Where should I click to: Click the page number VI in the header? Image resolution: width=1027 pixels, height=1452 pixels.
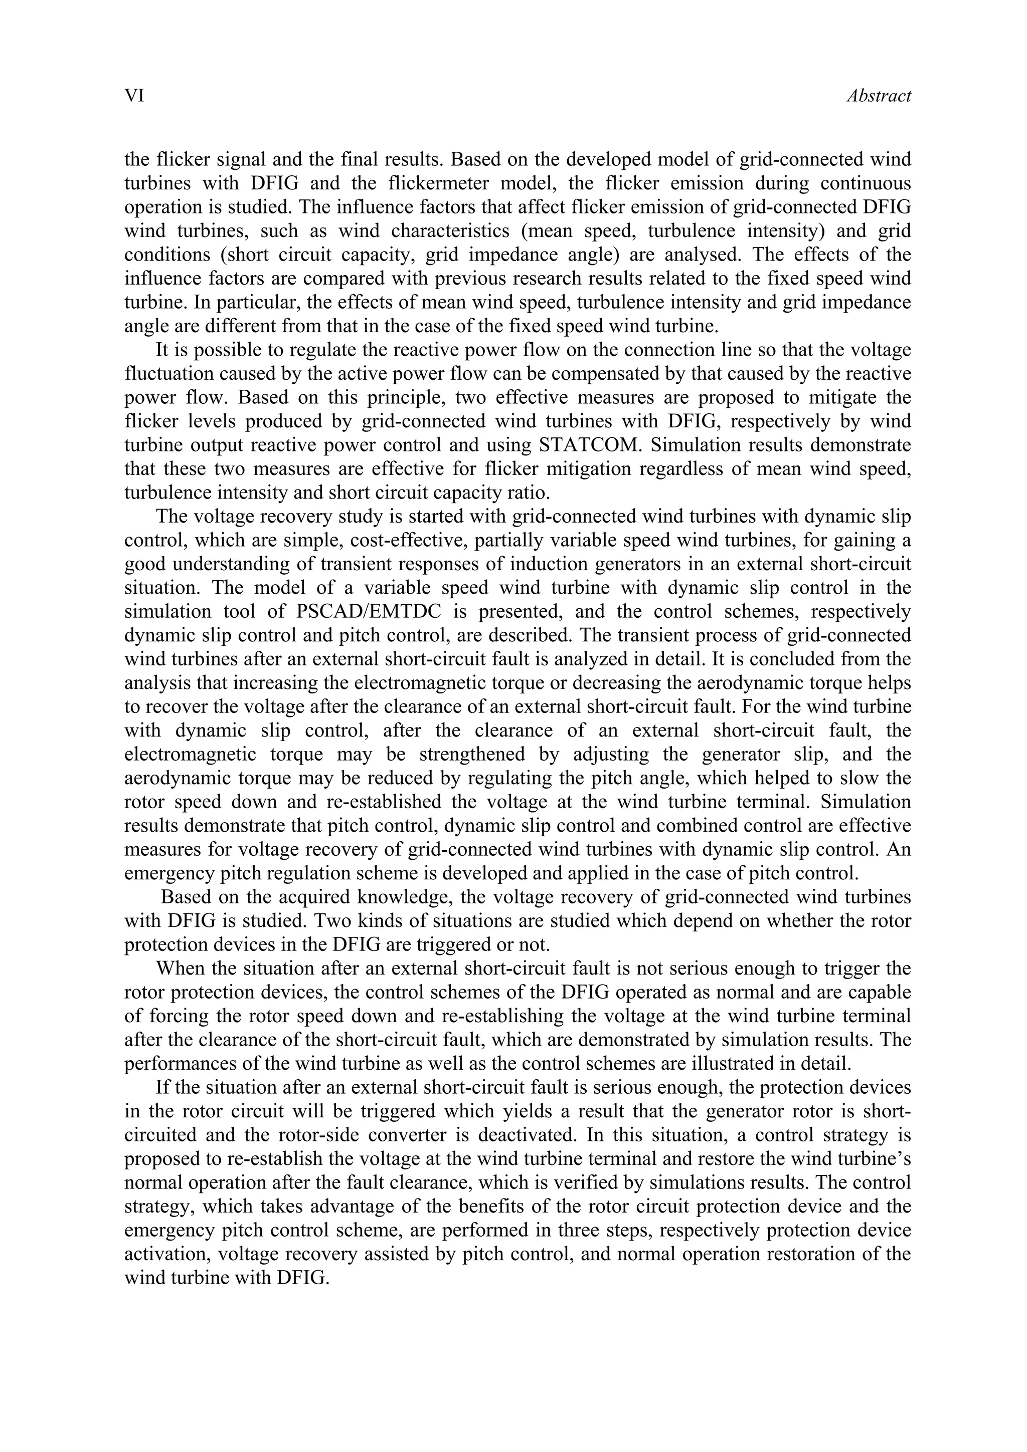(134, 96)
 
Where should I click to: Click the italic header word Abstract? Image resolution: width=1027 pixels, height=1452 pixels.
(878, 96)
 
